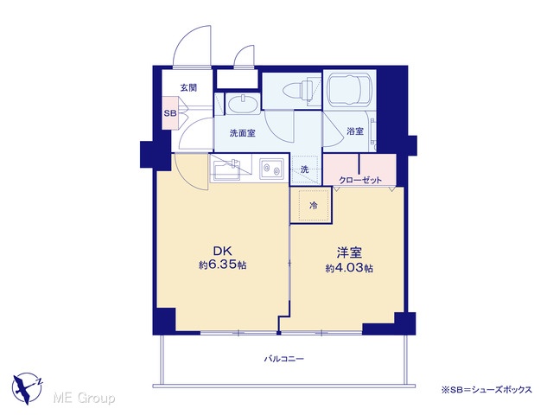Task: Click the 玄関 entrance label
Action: pyautogui.click(x=188, y=88)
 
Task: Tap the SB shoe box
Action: pyautogui.click(x=170, y=113)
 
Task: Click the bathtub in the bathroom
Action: pyautogui.click(x=349, y=90)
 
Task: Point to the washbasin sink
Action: pyautogui.click(x=243, y=104)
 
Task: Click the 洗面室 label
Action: pyautogui.click(x=242, y=133)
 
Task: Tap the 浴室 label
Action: pyautogui.click(x=355, y=131)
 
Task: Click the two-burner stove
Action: pyautogui.click(x=271, y=169)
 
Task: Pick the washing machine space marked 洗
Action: pyautogui.click(x=306, y=169)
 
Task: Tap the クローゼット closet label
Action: pyautogui.click(x=360, y=181)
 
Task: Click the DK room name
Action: pyautogui.click(x=222, y=251)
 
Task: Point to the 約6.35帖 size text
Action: pyautogui.click(x=222, y=265)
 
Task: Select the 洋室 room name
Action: pyautogui.click(x=349, y=252)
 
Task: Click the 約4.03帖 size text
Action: pyautogui.click(x=349, y=268)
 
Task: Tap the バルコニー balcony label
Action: pyautogui.click(x=284, y=360)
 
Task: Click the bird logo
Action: pyautogui.click(x=27, y=388)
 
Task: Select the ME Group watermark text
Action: pyautogui.click(x=84, y=399)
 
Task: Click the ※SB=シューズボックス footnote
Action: pyautogui.click(x=486, y=390)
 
